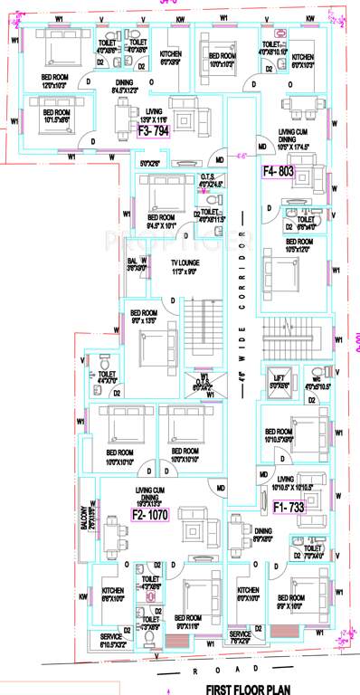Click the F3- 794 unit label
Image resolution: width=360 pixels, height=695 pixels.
pos(153,130)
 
